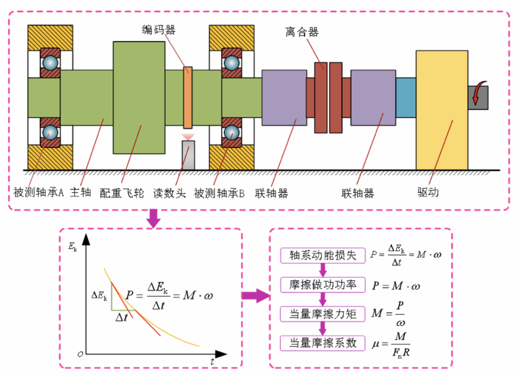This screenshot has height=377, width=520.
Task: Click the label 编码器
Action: pyautogui.click(x=158, y=30)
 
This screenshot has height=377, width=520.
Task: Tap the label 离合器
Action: pyautogui.click(x=302, y=32)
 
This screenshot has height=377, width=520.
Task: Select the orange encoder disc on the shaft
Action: pyautogui.click(x=188, y=97)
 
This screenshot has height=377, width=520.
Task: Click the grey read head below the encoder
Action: pyautogui.click(x=188, y=155)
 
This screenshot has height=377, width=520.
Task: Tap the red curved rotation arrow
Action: pyautogui.click(x=478, y=93)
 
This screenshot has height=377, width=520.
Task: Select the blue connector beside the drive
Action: pyautogui.click(x=406, y=97)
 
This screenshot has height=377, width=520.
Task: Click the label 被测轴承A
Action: pyautogui.click(x=38, y=193)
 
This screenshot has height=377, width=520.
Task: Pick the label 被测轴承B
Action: pyautogui.click(x=220, y=193)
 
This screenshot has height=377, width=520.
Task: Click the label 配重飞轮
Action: pyautogui.click(x=122, y=193)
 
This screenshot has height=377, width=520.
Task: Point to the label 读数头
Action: pyautogui.click(x=169, y=193)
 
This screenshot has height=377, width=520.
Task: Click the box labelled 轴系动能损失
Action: pyautogui.click(x=323, y=255)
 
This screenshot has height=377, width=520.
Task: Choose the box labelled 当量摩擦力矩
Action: pyautogui.click(x=323, y=314)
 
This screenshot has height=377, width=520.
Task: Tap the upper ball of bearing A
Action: pyautogui.click(x=50, y=63)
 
